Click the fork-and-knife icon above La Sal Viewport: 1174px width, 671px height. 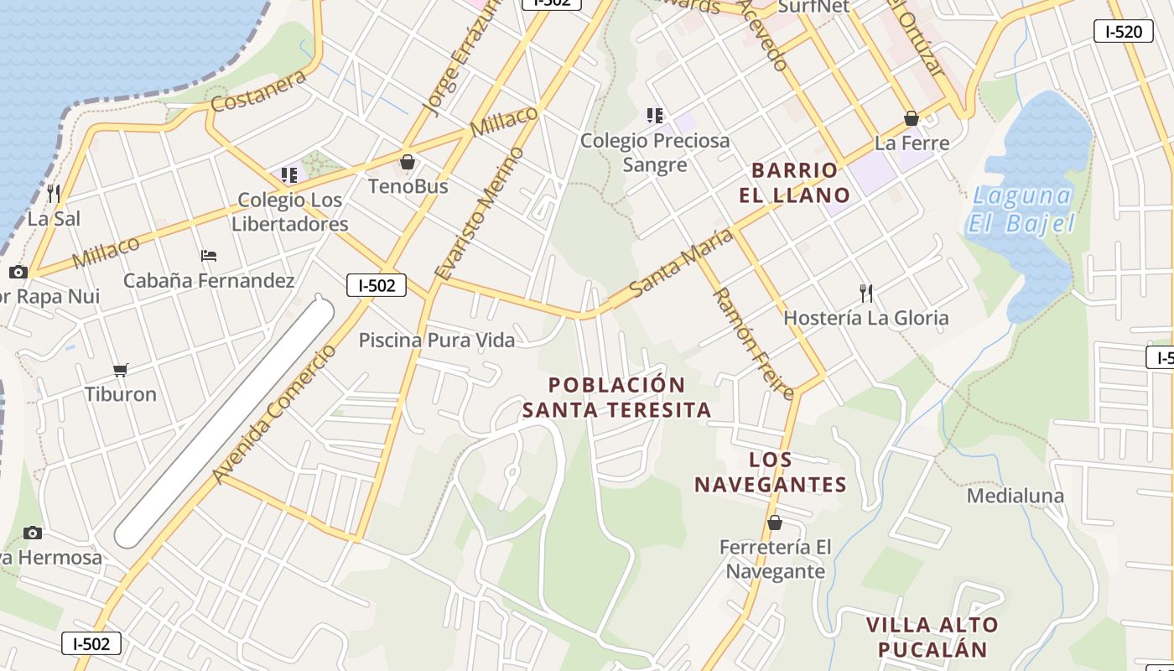tap(54, 194)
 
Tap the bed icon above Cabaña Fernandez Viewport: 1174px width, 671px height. tap(209, 255)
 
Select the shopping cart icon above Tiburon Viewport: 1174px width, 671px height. tap(121, 370)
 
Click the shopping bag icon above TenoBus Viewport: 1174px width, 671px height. tap(408, 162)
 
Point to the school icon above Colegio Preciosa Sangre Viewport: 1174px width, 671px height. tap(654, 116)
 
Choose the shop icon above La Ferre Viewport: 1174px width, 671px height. tap(912, 118)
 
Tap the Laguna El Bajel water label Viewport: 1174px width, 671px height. tap(1021, 210)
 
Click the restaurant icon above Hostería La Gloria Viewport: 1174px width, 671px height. tap(866, 293)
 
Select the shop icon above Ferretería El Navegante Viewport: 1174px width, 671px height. tap(775, 523)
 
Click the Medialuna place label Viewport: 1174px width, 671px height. tap(1015, 496)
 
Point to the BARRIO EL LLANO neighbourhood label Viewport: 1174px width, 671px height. tap(794, 183)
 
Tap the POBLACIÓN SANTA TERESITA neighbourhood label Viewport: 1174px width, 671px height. tap(616, 398)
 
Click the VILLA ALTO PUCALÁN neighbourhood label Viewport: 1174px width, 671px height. tap(932, 637)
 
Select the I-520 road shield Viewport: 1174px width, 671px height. tap(1123, 32)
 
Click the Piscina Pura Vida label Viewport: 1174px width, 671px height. tap(436, 340)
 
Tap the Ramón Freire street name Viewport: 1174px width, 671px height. tap(752, 343)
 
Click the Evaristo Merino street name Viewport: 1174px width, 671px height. tap(480, 213)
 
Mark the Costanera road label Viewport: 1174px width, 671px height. tap(258, 91)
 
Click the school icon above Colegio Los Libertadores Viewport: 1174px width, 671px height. tap(289, 175)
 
